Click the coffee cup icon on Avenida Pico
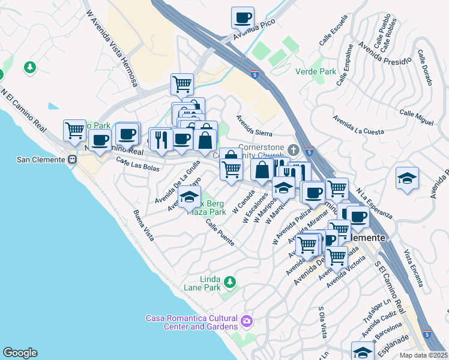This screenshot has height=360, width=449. (243, 17)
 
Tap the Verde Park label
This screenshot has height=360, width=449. (316, 71)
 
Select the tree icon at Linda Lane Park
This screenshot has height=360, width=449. (229, 282)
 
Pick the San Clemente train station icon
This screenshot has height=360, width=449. (72, 160)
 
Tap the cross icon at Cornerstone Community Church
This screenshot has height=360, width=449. (293, 149)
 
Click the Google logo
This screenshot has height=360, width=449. (20, 353)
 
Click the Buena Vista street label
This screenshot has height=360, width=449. (143, 226)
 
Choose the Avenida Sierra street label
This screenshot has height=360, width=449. (254, 126)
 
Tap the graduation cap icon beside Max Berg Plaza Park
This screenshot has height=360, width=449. (189, 196)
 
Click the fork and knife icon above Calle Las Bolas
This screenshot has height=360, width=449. (160, 140)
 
